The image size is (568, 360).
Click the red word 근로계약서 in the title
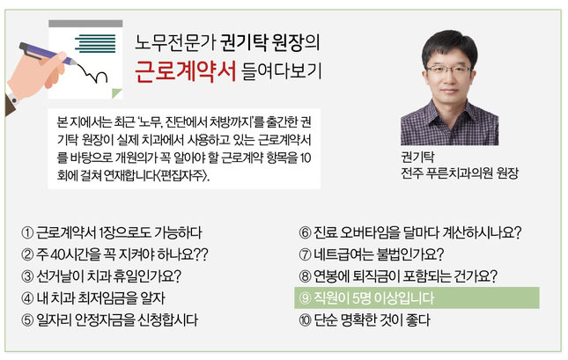[185, 71]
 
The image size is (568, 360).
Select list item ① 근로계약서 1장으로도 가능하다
[112, 232]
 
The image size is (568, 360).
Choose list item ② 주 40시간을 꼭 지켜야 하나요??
[114, 254]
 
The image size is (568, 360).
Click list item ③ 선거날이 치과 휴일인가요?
[101, 276]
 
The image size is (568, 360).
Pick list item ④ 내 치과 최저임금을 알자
[93, 298]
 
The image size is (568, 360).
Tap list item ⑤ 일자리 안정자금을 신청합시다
[110, 320]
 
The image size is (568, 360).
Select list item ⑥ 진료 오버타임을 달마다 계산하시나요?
[410, 232]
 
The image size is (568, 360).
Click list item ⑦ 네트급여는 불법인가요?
[372, 254]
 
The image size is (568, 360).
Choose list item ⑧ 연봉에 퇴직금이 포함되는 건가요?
[398, 276]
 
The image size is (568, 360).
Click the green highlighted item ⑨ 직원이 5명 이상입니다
[417, 298]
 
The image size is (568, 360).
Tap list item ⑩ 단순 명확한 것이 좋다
[365, 320]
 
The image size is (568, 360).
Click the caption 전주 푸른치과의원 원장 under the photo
[460, 173]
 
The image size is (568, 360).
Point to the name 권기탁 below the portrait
[417, 157]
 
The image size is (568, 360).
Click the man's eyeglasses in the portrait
[449, 70]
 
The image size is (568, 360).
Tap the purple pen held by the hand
[48, 54]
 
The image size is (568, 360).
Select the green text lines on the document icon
[95, 43]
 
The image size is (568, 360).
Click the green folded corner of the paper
[116, 94]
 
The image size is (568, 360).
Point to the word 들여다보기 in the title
[282, 71]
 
